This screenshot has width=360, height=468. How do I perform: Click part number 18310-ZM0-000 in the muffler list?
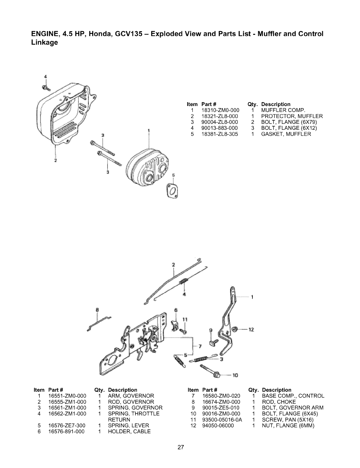[220, 110]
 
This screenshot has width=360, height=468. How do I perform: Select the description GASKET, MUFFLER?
[286, 134]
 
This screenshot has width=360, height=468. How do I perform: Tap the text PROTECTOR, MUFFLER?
[292, 116]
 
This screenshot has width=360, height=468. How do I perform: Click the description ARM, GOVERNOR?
[131, 396]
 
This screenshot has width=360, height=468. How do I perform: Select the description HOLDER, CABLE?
[129, 431]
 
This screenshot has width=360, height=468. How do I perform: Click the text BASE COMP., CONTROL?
[293, 396]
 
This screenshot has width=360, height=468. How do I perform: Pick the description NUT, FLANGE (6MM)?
[288, 426]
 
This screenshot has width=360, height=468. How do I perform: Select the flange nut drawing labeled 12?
[235, 329]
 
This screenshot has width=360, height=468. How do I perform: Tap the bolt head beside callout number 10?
[217, 374]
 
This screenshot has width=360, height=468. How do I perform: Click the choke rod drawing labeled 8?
[100, 323]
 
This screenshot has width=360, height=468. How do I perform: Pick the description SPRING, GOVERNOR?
[135, 408]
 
